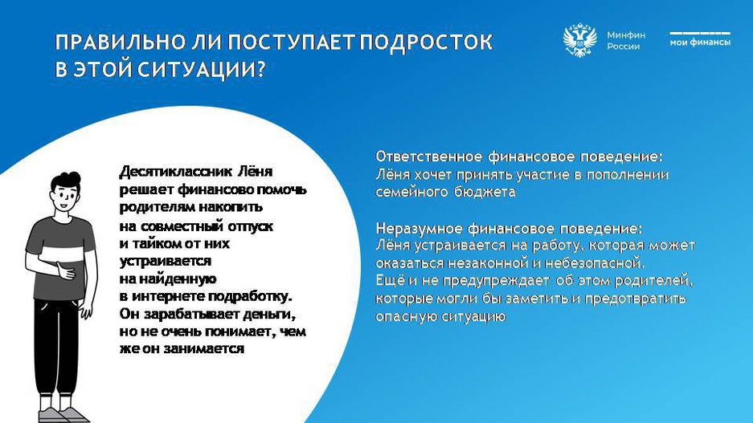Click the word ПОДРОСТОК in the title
pos(426,42)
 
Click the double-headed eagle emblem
pos(579,40)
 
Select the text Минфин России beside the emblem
pos(626,41)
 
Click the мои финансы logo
pos(700,39)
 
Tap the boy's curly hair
pos(66,181)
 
